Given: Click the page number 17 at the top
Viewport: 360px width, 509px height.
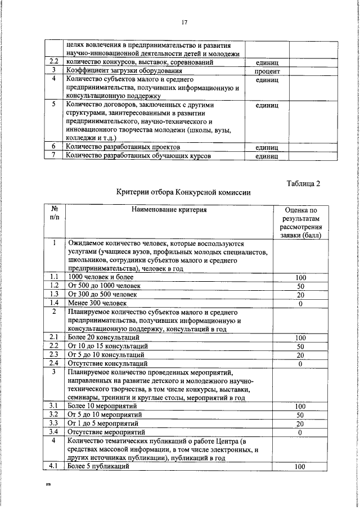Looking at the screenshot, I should [184, 22].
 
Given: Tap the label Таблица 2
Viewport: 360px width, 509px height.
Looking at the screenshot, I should [303, 183].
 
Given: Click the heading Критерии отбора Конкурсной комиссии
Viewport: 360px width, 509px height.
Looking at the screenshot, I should [183, 192].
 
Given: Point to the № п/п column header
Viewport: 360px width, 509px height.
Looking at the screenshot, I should [54, 214].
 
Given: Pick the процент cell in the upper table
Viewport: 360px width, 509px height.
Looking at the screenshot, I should [267, 71].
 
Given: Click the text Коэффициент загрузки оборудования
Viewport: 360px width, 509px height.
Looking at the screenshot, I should [124, 71].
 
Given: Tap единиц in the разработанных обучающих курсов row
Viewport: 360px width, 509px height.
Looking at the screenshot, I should [267, 156].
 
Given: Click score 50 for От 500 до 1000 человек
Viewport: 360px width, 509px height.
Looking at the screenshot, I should [300, 286].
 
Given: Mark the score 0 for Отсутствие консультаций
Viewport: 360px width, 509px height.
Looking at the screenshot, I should [300, 364].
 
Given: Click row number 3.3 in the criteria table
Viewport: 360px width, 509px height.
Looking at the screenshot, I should [54, 423].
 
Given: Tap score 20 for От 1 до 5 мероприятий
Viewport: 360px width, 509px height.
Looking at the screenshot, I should [300, 423].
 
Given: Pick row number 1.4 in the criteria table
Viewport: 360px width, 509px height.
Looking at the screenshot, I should [54, 304].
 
